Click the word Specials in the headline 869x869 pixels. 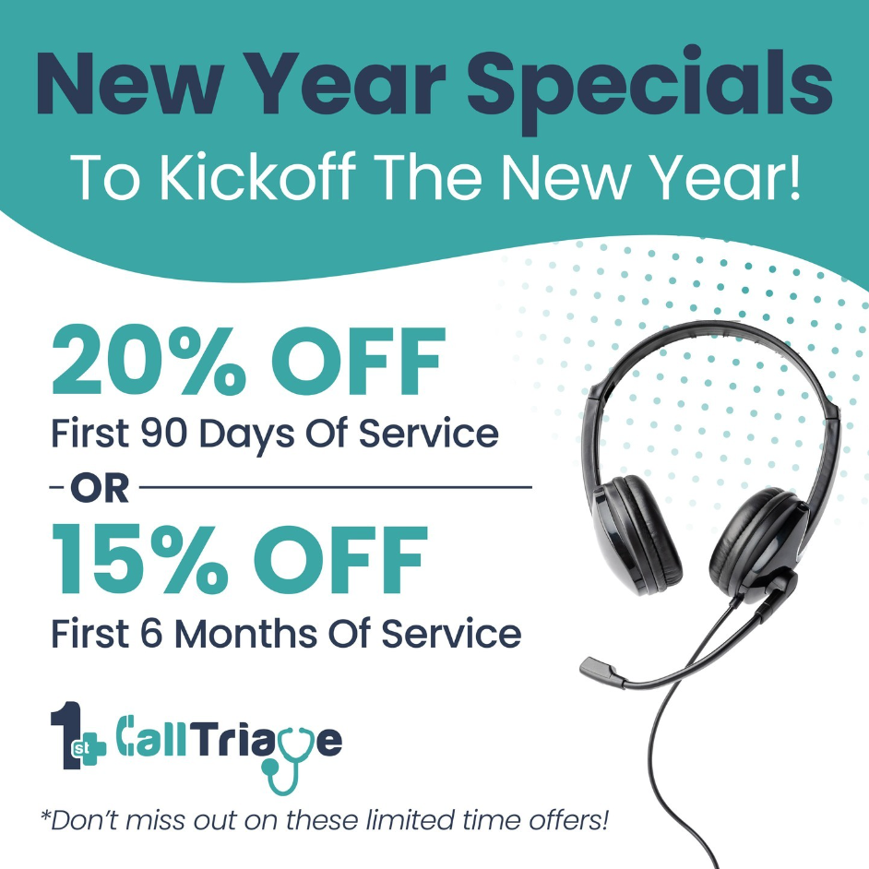point(649,89)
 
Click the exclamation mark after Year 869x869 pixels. point(795,175)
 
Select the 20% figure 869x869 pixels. point(148,361)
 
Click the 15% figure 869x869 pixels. point(139,559)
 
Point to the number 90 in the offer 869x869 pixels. point(164,433)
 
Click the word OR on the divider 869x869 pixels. point(100,488)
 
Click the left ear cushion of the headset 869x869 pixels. point(637,535)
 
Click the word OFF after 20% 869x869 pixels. point(359,361)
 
